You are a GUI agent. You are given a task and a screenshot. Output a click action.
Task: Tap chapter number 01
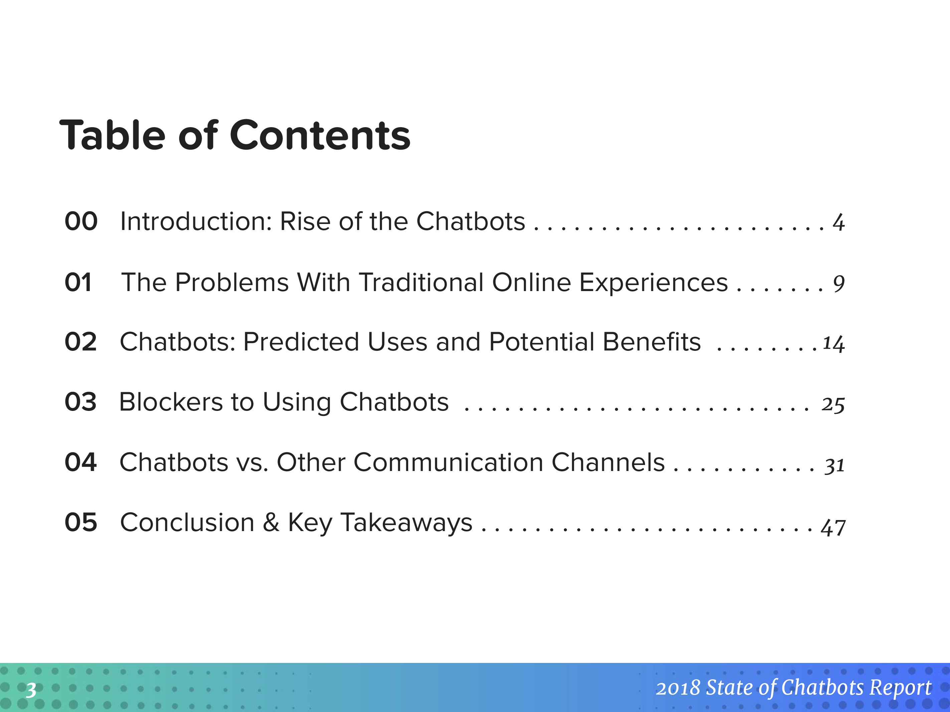tap(78, 282)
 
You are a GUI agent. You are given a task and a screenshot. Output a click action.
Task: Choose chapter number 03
tap(81, 402)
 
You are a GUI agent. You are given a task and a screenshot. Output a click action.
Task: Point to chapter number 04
tap(81, 462)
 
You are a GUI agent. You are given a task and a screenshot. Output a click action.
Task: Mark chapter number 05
tap(81, 522)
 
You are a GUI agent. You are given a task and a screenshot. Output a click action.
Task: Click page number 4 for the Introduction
tap(839, 223)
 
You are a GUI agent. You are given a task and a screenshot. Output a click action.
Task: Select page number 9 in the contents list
tap(839, 284)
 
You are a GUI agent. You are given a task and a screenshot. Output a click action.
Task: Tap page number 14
tap(834, 344)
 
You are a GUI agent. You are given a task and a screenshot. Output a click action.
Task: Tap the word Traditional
tap(422, 282)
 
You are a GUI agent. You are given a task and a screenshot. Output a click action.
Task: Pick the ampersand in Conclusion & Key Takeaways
tap(271, 522)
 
